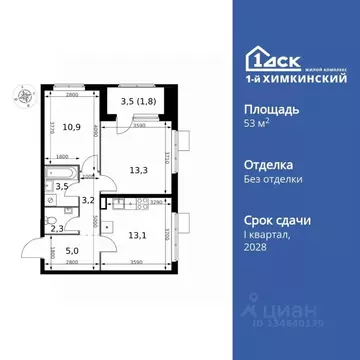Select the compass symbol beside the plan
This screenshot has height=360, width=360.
(x=19, y=96)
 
